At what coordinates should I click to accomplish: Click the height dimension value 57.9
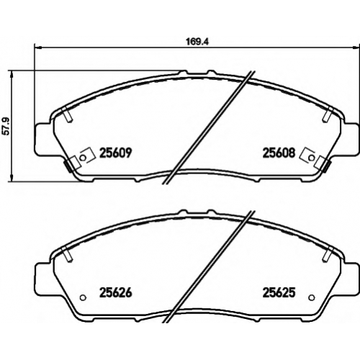tap(6, 126)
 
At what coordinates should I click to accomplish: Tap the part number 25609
tap(116, 153)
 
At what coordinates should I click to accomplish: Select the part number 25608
tap(279, 153)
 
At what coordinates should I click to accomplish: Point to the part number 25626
tap(116, 292)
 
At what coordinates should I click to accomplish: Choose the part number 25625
tap(279, 292)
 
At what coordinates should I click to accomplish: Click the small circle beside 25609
tap(83, 158)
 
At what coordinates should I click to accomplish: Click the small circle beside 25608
tap(311, 158)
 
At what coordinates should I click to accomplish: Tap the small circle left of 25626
tap(83, 297)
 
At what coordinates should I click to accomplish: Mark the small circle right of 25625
tap(311, 297)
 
